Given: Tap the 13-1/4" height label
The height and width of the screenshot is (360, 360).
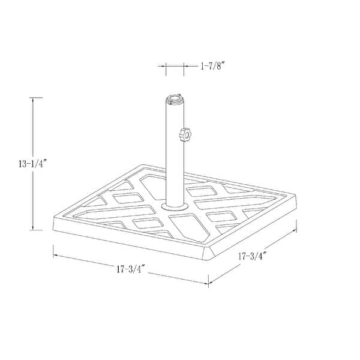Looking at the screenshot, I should click(22, 162).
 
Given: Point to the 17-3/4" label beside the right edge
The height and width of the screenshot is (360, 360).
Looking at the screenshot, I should click(252, 256).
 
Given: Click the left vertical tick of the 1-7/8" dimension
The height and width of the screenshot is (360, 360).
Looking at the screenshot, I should click(166, 69).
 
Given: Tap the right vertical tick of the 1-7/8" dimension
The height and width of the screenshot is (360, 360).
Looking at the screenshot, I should click(184, 69).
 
